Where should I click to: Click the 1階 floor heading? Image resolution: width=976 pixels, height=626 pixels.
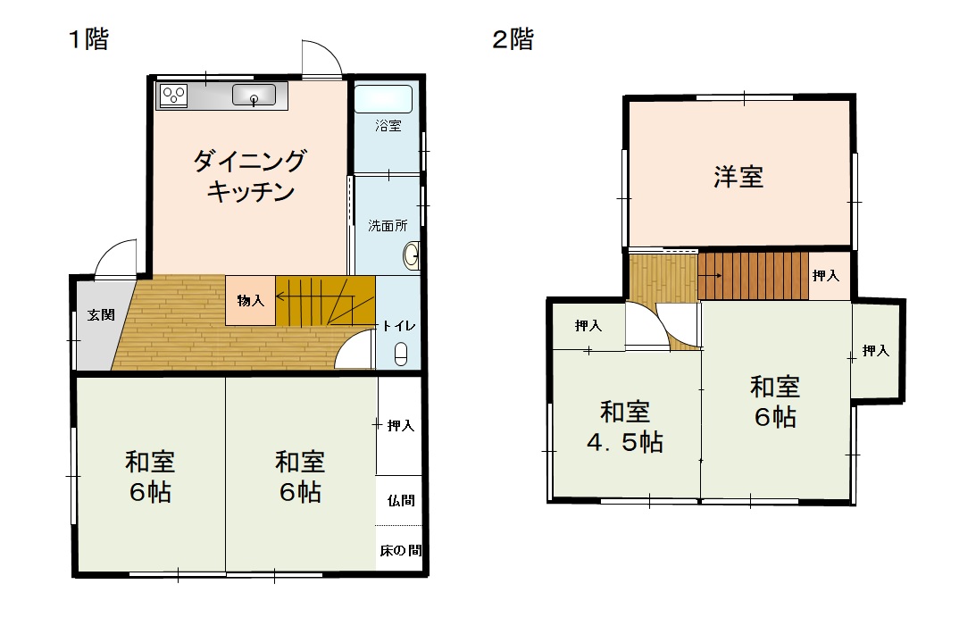point(88,39)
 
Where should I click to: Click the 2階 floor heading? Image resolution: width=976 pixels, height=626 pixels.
point(513,39)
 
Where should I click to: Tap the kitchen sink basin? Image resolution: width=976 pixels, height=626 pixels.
point(255,95)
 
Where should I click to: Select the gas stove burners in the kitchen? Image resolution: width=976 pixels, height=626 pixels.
point(174,95)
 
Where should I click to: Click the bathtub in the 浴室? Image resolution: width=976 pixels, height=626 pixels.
point(383,98)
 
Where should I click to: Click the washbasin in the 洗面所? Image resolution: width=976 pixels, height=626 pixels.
point(412,256)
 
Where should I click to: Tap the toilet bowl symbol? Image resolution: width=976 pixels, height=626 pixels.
point(401,355)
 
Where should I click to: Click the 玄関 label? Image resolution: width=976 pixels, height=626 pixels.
point(99,314)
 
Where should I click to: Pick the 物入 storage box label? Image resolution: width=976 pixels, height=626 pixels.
point(250,301)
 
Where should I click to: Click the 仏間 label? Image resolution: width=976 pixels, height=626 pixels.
point(400,500)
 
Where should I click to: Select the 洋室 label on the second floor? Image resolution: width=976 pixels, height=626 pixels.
point(738,177)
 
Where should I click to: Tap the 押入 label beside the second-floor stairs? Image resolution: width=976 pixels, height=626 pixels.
point(826,276)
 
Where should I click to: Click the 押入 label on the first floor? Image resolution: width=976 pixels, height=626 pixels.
point(400,426)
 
